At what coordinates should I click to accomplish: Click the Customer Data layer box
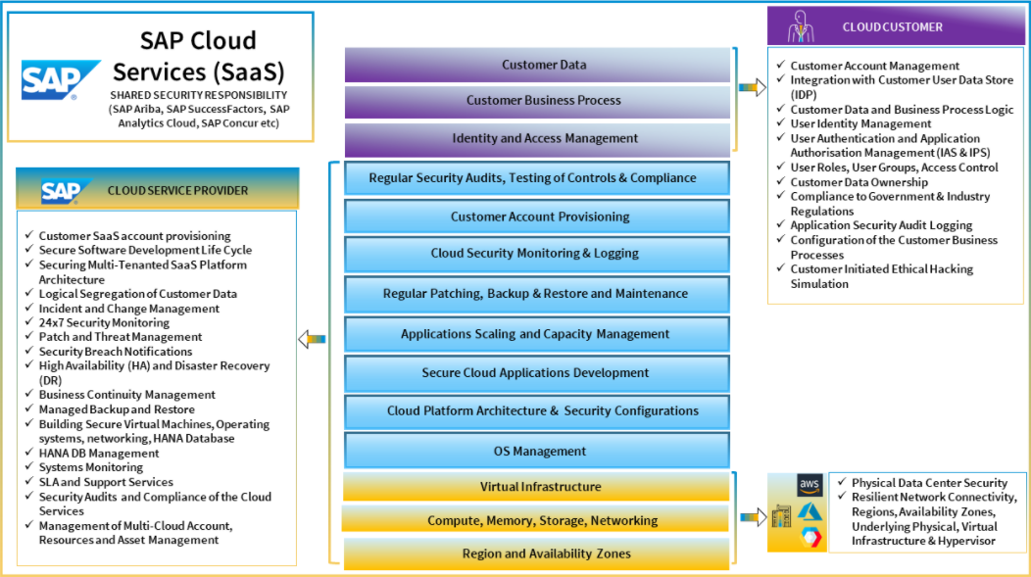click(x=537, y=65)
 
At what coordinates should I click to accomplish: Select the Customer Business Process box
click(x=537, y=100)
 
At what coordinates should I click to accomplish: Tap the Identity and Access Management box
click(x=537, y=138)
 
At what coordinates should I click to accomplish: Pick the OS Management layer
click(x=537, y=452)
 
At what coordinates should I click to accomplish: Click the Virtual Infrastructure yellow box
click(x=537, y=487)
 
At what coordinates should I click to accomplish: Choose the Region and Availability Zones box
click(x=537, y=553)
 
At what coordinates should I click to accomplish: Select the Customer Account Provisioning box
click(x=537, y=216)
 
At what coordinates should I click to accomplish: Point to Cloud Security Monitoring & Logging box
click(x=537, y=253)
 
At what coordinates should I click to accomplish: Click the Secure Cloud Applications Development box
click(x=537, y=372)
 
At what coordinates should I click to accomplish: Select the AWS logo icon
click(x=810, y=485)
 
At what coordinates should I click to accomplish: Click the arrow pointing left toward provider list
click(x=311, y=339)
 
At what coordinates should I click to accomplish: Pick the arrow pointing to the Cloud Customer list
click(x=752, y=87)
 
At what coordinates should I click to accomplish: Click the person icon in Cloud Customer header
click(x=802, y=26)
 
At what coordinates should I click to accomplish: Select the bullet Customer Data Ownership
click(x=859, y=182)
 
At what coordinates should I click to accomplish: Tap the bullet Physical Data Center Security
click(x=929, y=483)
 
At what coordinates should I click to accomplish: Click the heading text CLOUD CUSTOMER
click(x=892, y=27)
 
